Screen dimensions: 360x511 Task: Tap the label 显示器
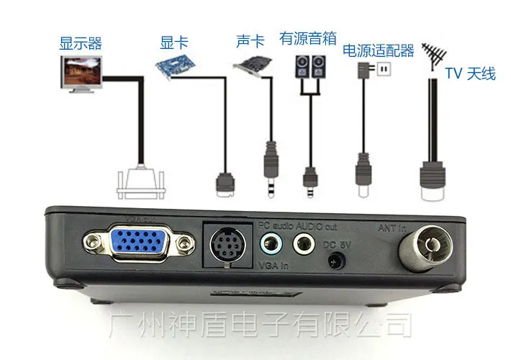[80, 43]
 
